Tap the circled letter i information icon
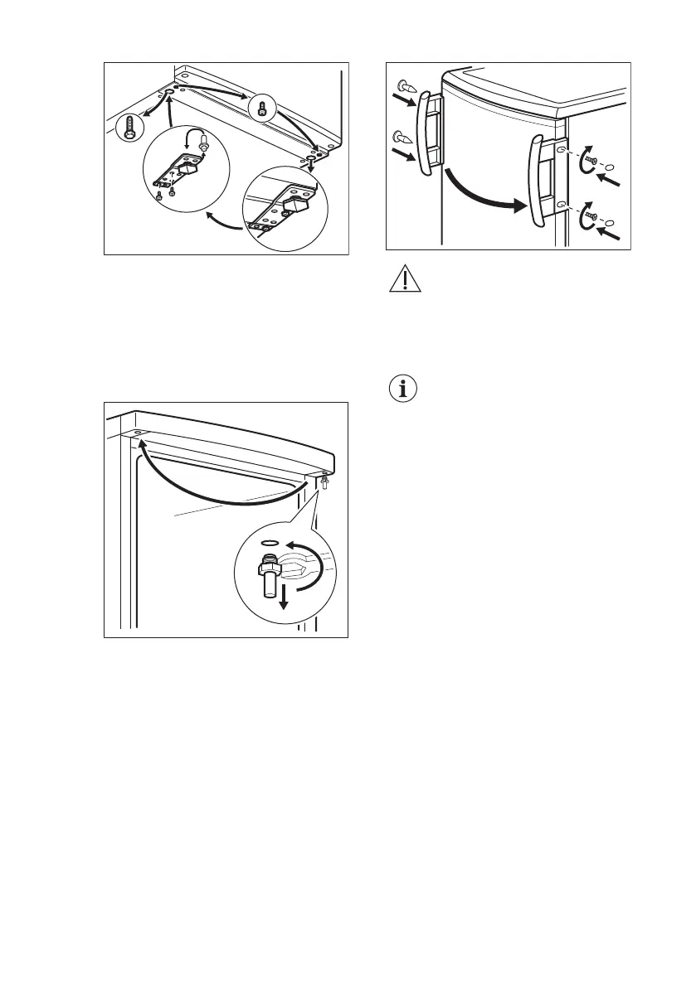[x=404, y=389]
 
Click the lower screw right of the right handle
[x=590, y=220]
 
